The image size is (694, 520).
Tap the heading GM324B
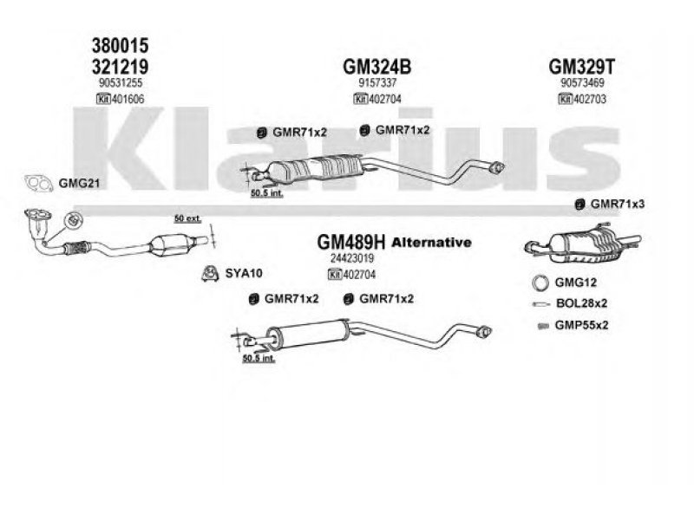377,65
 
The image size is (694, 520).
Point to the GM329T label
582,65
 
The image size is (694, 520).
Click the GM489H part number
351,243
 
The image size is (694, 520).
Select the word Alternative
431,243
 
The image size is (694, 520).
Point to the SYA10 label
243,273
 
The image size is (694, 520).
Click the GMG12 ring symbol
539,283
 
